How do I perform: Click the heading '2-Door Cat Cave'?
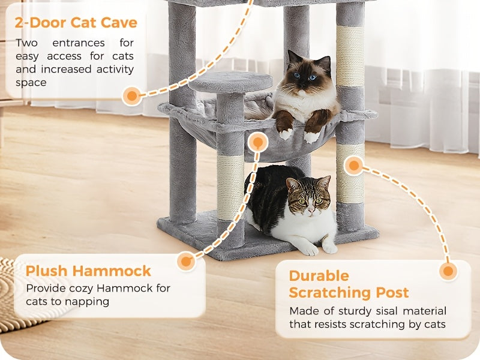coord(76,23)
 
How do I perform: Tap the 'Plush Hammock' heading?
coord(88,271)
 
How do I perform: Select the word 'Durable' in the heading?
coord(319,275)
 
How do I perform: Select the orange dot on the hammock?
coord(258,142)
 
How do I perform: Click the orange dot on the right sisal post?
coord(353,165)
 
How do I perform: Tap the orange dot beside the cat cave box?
coord(131,95)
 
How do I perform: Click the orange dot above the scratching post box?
coord(447,271)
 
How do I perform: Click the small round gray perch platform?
coord(230,82)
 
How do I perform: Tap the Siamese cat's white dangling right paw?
coord(311,136)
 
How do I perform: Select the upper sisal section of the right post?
coord(350,56)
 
